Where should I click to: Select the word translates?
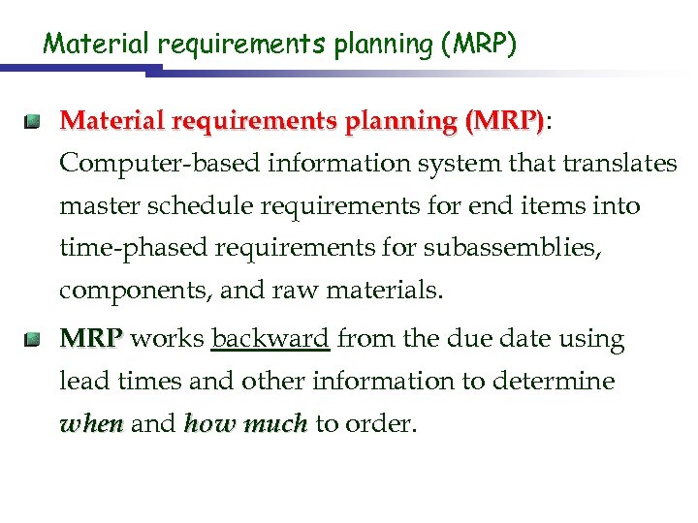(x=619, y=164)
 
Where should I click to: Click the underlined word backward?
(x=270, y=339)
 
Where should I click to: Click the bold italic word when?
(x=91, y=424)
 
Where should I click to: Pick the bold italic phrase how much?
(x=245, y=424)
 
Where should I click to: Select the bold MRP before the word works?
(x=91, y=339)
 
